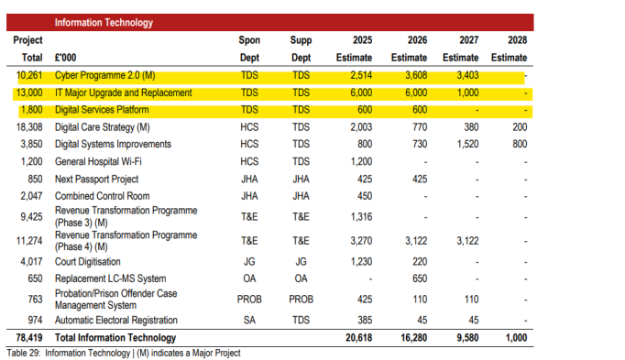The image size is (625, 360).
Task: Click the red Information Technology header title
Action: pos(104,23)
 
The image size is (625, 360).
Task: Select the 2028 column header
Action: pos(517,40)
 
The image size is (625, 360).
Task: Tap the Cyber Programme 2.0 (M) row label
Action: pos(104,75)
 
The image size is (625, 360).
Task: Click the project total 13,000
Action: pos(29,93)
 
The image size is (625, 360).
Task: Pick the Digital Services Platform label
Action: pos(102,110)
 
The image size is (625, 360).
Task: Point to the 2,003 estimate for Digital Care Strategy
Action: pos(361,127)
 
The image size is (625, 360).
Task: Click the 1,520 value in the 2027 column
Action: pos(467,144)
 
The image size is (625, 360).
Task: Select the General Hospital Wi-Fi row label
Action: pos(98,162)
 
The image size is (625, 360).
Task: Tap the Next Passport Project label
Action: pos(96,180)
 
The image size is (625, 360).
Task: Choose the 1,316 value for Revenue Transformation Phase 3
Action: pos(361,217)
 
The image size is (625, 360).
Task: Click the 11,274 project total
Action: pos(29,241)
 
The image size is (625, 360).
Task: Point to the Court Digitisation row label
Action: pos(88,262)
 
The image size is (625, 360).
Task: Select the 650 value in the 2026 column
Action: pos(420,278)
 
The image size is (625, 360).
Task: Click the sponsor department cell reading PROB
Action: pos(249,299)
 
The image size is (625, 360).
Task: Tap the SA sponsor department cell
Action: pos(249,321)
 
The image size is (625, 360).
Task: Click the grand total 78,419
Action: pos(29,338)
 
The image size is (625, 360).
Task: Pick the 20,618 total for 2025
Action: pos(358,338)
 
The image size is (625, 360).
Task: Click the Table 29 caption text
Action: pos(124,354)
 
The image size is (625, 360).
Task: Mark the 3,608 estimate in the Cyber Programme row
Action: pos(416,75)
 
